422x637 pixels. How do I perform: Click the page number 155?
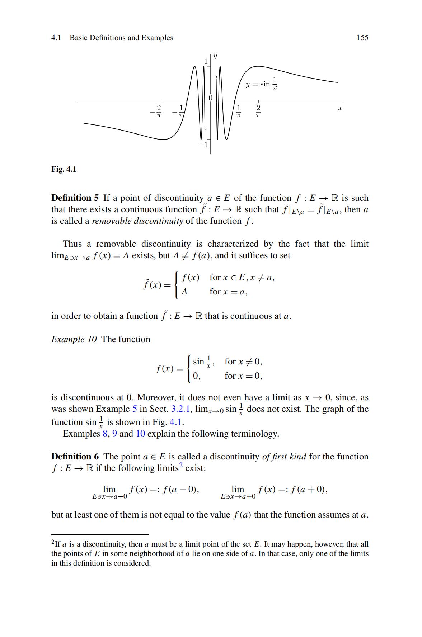pyautogui.click(x=362, y=38)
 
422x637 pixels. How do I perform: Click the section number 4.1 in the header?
pyautogui.click(x=56, y=38)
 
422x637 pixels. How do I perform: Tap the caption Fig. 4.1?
pyautogui.click(x=64, y=169)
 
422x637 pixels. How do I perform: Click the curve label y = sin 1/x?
pyautogui.click(x=262, y=84)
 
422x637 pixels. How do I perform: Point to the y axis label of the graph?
pyautogui.click(x=215, y=56)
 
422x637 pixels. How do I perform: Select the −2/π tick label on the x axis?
pyautogui.click(x=157, y=112)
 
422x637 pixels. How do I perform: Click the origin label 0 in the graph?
pyautogui.click(x=211, y=98)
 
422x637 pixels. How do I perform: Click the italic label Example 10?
pyautogui.click(x=74, y=339)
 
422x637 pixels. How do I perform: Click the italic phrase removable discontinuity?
pyautogui.click(x=137, y=221)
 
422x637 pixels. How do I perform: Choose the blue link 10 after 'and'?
pyautogui.click(x=140, y=434)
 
